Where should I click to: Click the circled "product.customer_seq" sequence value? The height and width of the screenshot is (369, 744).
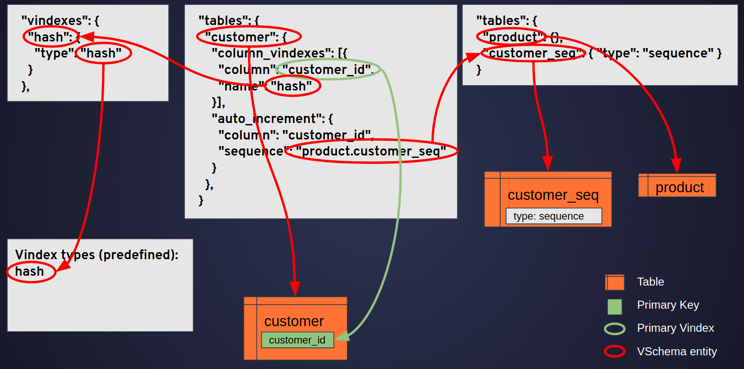coord(372,151)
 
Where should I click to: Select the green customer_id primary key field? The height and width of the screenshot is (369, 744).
coord(297,340)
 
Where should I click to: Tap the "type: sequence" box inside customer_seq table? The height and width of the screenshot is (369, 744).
coord(554,216)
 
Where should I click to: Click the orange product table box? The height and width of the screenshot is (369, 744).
coord(677,186)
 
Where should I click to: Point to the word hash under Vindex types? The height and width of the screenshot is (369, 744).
coord(30,272)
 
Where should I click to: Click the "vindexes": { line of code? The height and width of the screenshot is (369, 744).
coord(60,21)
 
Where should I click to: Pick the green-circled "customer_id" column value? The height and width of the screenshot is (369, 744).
coord(328,70)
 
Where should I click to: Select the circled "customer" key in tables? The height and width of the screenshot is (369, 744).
coord(248,37)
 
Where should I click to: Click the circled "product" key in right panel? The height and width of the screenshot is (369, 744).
coord(512,37)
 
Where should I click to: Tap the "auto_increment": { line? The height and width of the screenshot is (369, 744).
coord(272,119)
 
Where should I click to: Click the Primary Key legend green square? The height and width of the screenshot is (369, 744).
coord(614,306)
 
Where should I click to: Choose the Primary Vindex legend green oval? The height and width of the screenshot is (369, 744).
coord(614,329)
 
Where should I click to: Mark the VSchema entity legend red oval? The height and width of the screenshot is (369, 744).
coord(614,352)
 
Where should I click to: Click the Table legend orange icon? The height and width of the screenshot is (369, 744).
coord(614,282)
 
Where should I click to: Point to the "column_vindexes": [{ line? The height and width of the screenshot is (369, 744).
coord(279,53)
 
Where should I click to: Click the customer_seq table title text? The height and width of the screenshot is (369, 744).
coord(553,195)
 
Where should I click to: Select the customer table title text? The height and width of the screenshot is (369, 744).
coord(294,321)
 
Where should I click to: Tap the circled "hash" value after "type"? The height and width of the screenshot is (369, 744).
coord(103,53)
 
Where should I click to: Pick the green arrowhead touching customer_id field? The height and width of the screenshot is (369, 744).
coord(342,336)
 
